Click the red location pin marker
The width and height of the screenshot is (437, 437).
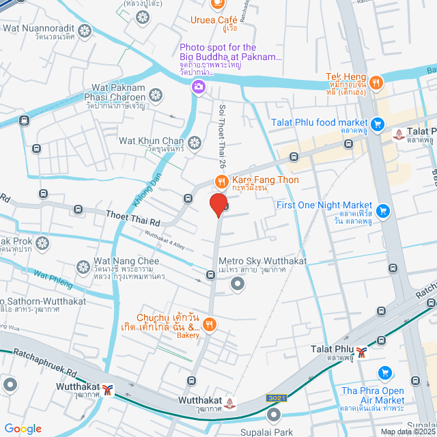pos(218,204)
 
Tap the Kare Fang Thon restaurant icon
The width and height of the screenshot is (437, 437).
pos(221,182)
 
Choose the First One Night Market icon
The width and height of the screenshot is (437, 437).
pos(382,211)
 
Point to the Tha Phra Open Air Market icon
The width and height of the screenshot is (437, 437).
pos(385,373)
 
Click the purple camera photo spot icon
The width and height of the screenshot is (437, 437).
pos(198,86)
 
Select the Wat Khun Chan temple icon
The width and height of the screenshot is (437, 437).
pos(195,143)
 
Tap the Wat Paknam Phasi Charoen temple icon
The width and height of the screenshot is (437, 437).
pos(156,94)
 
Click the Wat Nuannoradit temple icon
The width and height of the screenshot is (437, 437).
pos(85,31)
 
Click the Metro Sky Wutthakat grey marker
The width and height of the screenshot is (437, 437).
pos(238,285)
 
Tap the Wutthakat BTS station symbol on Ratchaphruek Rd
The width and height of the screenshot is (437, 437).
pos(108,390)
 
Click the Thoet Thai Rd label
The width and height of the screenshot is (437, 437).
pos(132,218)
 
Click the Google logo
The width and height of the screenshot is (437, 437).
pos(23,428)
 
